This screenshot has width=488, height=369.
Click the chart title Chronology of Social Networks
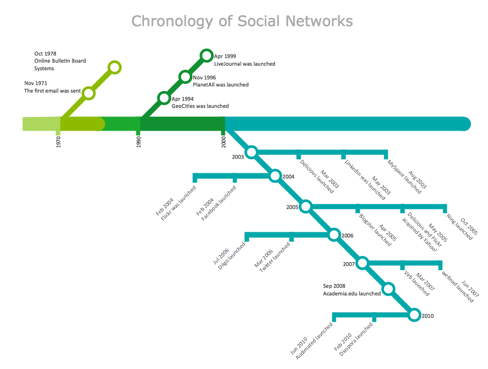tap(242, 21)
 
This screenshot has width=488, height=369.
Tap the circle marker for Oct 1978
tap(115, 67)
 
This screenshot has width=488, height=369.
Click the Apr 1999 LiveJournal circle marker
tap(206, 55)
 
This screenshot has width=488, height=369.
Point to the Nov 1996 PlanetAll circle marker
tap(185, 77)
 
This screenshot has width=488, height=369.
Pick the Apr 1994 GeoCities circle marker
tap(163, 98)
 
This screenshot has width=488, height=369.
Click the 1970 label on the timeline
tap(59, 141)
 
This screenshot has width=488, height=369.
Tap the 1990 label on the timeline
tap(138, 141)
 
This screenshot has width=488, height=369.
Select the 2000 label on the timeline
tap(223, 141)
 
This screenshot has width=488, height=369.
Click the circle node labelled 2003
tap(251, 151)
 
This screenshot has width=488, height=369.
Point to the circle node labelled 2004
tap(275, 176)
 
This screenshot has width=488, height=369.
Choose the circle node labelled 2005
tap(305, 206)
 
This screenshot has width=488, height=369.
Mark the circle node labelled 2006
tap(334, 235)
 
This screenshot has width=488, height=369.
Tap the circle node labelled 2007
tap(362, 263)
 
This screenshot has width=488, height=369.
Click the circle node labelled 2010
tap(414, 315)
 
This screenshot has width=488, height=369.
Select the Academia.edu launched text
tap(352, 294)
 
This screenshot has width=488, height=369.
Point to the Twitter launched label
tap(275, 258)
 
